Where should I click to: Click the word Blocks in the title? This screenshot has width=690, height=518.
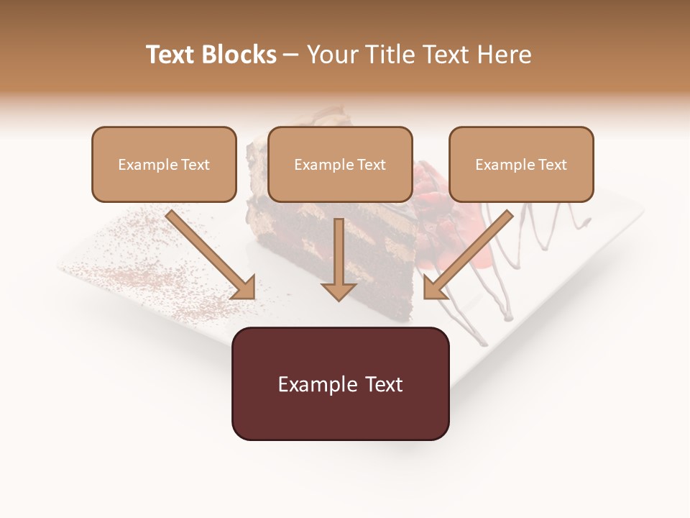tap(241, 55)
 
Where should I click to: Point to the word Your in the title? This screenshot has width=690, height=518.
tap(331, 55)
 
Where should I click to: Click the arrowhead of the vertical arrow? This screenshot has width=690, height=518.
tap(339, 290)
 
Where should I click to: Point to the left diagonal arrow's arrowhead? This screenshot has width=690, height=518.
tap(244, 288)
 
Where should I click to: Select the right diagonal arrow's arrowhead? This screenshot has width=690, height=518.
tap(434, 288)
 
